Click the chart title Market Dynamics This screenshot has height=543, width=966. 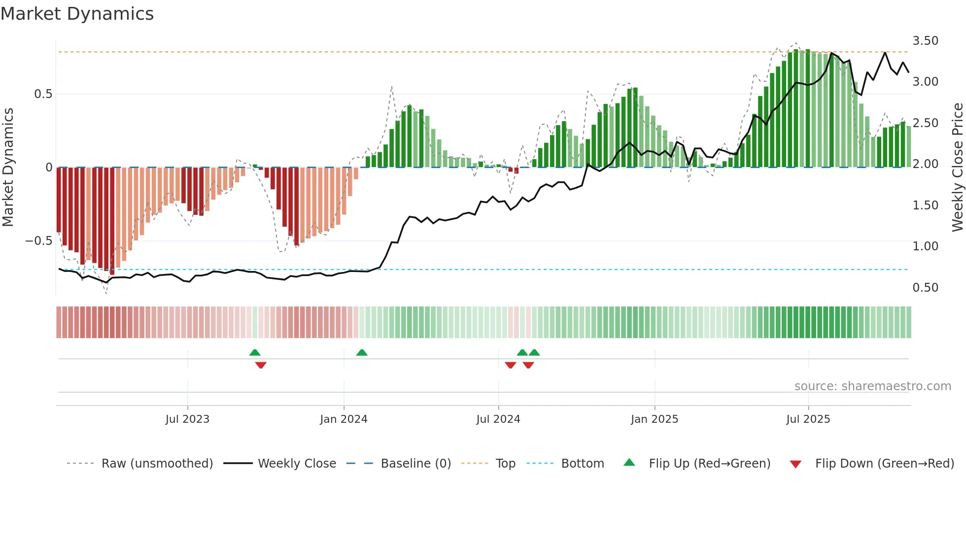[x=77, y=14]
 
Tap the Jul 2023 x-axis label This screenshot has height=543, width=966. [x=187, y=419]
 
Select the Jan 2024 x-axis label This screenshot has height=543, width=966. [x=344, y=419]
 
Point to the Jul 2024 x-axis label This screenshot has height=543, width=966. [x=498, y=419]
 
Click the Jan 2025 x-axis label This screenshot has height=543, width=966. [x=655, y=419]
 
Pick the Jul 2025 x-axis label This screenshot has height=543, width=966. [x=808, y=419]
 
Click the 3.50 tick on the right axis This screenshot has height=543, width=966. [x=925, y=41]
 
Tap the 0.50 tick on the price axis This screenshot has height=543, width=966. [x=925, y=288]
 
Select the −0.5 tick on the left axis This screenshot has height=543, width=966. [x=38, y=241]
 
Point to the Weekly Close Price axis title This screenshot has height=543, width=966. [x=957, y=168]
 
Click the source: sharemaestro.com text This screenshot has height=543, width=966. [x=872, y=386]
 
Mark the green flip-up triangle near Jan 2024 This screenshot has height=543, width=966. [x=362, y=353]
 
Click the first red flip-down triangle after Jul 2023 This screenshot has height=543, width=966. [x=261, y=365]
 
